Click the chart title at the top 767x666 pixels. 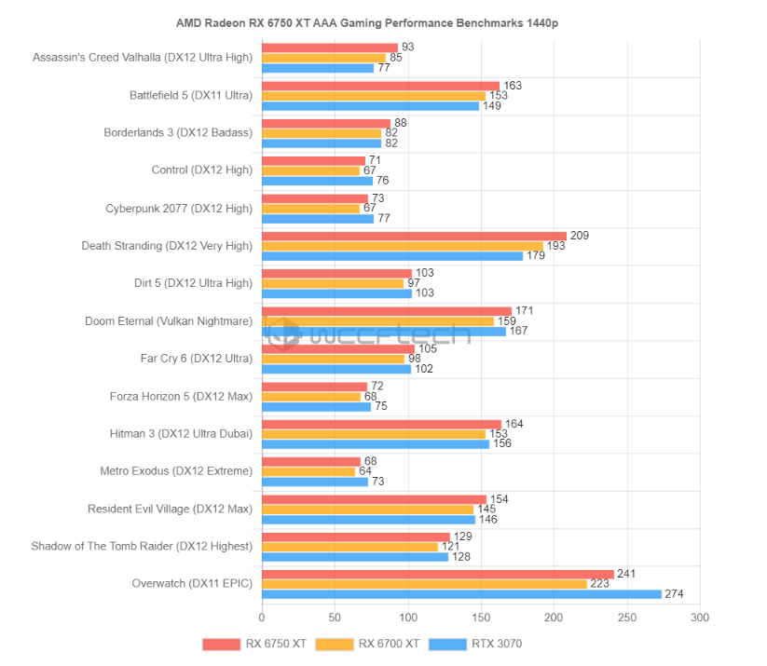click(x=382, y=20)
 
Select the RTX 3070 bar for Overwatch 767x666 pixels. click(x=461, y=594)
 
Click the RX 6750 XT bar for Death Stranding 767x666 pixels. click(x=414, y=236)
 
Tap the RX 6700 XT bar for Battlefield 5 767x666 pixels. click(x=373, y=96)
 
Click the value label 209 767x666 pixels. click(x=580, y=236)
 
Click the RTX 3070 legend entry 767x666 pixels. click(x=480, y=643)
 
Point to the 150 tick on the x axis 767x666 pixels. click(x=481, y=618)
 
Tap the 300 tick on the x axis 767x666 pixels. click(x=700, y=618)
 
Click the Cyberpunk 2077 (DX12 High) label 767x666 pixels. click(x=179, y=208)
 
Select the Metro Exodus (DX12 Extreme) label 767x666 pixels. click(x=176, y=471)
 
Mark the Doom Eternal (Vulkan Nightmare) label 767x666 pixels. click(x=169, y=321)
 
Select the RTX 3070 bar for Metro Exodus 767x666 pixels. click(x=315, y=482)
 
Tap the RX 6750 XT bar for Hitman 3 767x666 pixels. click(x=381, y=425)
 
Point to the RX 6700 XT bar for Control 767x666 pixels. click(x=310, y=170)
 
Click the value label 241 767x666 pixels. click(x=626, y=574)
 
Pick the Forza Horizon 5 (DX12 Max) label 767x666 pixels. click(x=181, y=397)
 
